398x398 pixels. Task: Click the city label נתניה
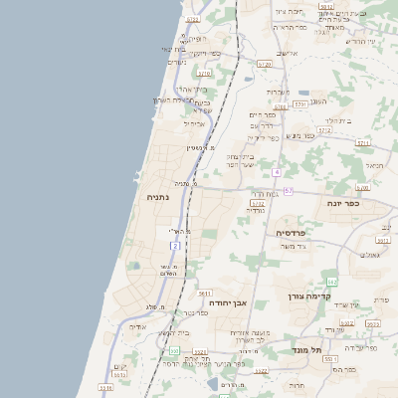(x=158, y=197)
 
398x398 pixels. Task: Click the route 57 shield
(x=289, y=190)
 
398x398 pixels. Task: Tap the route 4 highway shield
(x=276, y=171)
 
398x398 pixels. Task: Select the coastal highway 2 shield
(x=175, y=245)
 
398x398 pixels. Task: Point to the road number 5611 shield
(x=204, y=294)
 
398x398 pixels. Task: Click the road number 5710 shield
(x=204, y=74)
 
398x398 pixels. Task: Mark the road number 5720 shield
(x=264, y=64)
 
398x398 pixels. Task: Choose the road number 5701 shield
(x=299, y=103)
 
